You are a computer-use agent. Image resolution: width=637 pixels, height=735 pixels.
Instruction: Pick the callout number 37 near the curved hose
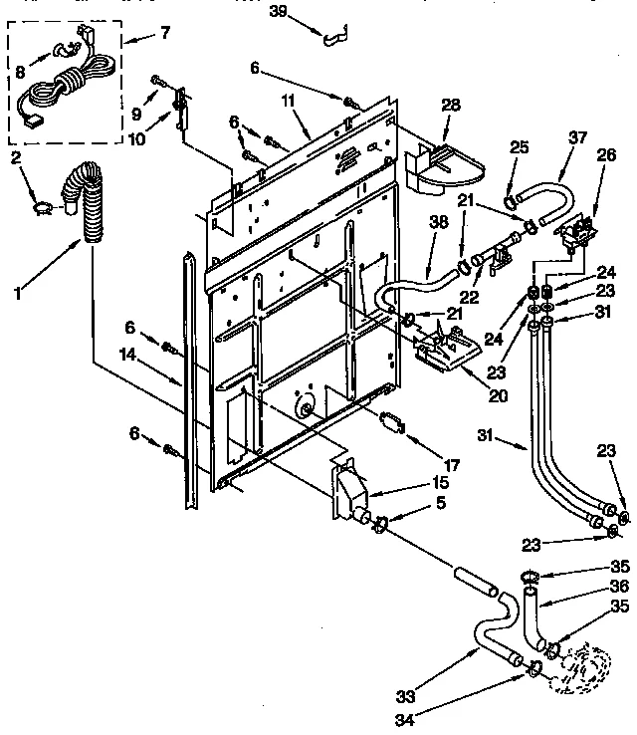tap(576, 138)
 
